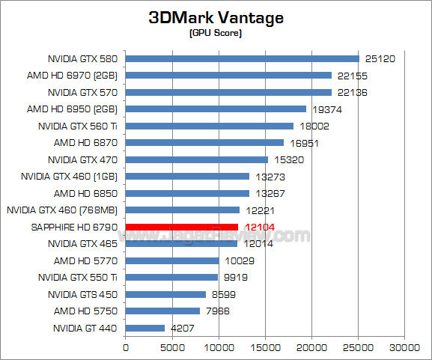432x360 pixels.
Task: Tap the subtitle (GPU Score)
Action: click(216, 34)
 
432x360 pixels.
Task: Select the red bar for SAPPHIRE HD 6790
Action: click(181, 227)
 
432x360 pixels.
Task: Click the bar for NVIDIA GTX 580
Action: click(242, 58)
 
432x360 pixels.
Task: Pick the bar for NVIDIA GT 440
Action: click(144, 328)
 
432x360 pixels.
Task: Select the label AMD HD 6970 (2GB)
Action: click(85, 75)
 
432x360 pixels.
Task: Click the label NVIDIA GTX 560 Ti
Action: click(83, 126)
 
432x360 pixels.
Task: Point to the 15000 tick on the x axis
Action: click(265, 347)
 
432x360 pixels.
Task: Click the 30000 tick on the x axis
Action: click(405, 347)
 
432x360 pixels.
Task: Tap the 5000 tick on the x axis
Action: click(172, 347)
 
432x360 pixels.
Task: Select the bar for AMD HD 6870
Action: click(204, 142)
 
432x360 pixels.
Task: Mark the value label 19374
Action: click(323, 109)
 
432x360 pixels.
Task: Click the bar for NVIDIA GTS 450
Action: click(165, 294)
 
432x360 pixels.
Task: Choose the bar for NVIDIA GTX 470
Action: click(196, 159)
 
